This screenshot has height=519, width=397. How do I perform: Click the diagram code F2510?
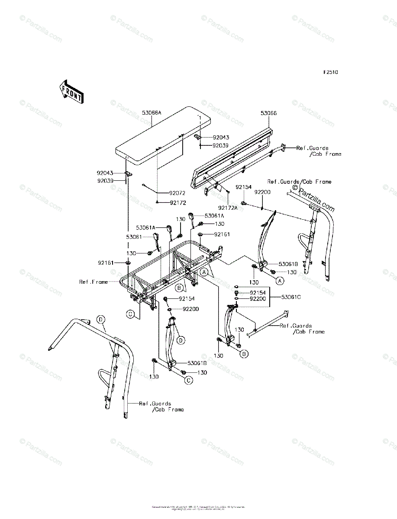click(329, 72)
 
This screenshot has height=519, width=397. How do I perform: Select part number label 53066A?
click(151, 112)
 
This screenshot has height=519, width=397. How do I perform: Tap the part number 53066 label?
click(269, 113)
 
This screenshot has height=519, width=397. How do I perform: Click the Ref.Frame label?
click(94, 282)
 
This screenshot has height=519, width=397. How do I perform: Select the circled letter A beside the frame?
click(203, 272)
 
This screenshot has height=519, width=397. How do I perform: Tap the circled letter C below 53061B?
click(189, 380)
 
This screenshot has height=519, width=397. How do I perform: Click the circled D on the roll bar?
click(100, 320)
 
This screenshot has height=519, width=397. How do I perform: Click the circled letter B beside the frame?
click(178, 287)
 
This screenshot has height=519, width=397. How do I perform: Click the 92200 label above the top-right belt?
click(262, 191)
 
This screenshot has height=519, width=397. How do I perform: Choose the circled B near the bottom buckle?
click(244, 354)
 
